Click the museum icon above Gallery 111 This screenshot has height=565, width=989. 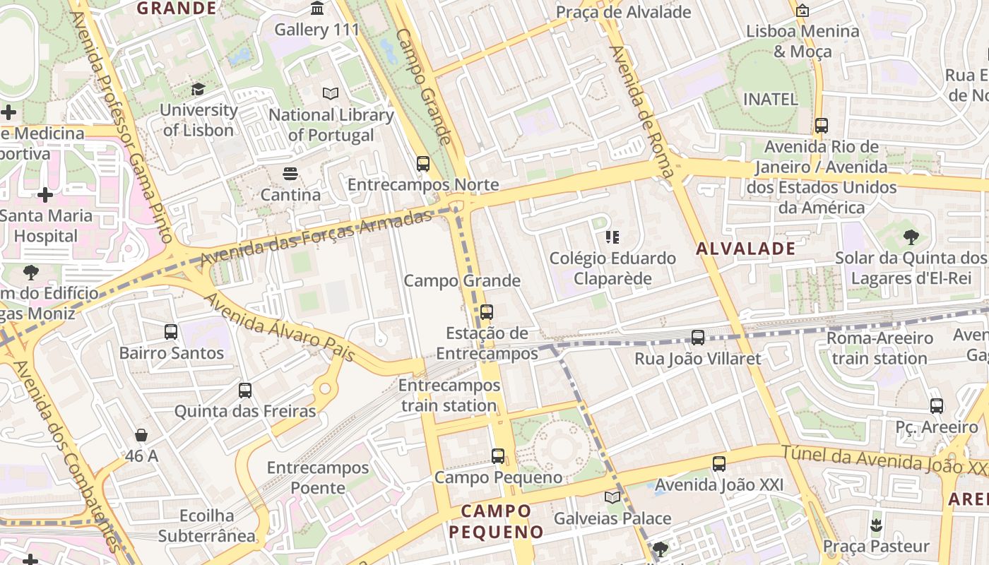[x=318, y=8]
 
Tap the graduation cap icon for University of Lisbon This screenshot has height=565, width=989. [x=198, y=89]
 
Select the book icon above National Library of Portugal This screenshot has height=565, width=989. [x=330, y=93]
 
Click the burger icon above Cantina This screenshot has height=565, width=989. [x=290, y=173]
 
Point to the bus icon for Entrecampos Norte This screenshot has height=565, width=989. [x=423, y=164]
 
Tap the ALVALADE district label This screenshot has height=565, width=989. [x=746, y=249]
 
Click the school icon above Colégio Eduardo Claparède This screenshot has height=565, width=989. [x=612, y=237]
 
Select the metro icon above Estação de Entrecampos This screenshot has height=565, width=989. [x=487, y=311]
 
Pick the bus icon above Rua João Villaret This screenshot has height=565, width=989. [x=698, y=338]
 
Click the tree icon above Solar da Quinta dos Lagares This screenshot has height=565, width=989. [x=911, y=237]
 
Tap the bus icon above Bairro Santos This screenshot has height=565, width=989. [x=171, y=332]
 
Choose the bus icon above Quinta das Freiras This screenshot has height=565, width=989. [x=245, y=391]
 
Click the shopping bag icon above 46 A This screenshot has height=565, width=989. [x=141, y=435]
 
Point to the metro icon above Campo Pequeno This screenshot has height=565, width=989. [x=498, y=456]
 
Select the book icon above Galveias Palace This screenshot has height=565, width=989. [x=612, y=497]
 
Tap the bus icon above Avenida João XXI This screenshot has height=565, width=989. [x=719, y=464]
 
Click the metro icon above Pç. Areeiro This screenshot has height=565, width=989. [x=937, y=406]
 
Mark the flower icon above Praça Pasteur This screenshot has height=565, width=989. [x=876, y=525]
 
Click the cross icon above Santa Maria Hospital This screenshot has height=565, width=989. [x=45, y=194]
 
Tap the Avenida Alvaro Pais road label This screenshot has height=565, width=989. [x=280, y=327]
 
